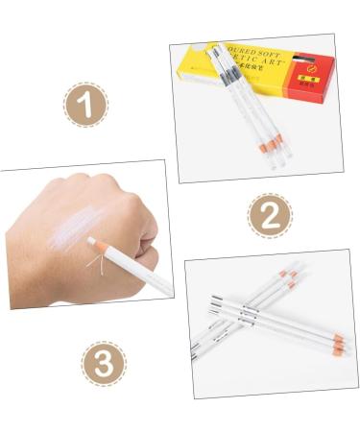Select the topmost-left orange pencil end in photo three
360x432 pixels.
[x=283, y=275]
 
